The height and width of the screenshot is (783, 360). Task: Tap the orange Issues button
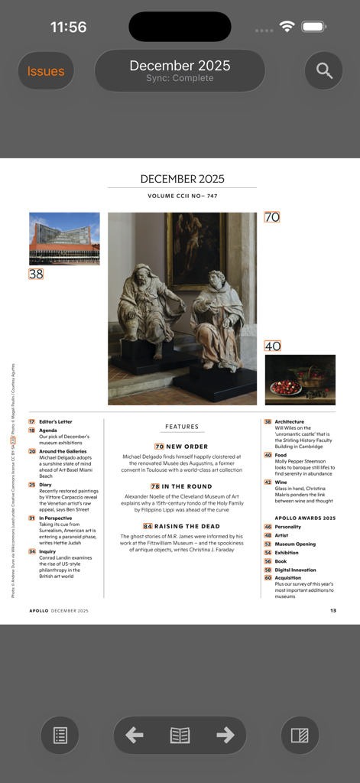(46, 71)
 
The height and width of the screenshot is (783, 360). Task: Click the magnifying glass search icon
(324, 71)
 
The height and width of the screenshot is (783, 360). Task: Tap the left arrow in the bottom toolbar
(135, 735)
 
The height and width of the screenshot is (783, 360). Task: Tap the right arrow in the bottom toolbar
(225, 735)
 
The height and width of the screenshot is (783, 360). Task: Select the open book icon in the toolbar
(180, 735)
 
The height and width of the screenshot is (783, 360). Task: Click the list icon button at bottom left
(60, 736)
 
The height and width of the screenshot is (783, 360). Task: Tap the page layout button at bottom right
(300, 736)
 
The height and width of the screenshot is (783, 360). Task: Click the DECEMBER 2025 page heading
(182, 179)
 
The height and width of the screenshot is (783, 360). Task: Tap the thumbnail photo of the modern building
(64, 239)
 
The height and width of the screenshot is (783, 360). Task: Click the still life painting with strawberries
(300, 379)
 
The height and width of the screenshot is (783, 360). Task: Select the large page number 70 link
(272, 217)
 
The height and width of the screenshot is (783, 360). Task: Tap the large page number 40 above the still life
(273, 346)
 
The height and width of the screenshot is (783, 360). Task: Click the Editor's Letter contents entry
(56, 421)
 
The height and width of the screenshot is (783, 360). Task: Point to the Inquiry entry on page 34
(47, 551)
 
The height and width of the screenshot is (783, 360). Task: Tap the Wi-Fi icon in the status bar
(287, 27)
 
